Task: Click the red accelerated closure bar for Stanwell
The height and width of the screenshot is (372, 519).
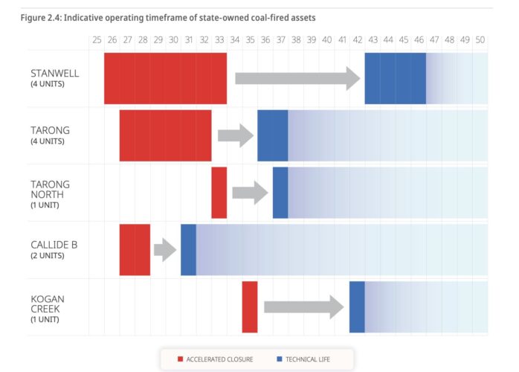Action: click(165, 78)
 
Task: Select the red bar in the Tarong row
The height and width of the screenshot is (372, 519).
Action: click(165, 135)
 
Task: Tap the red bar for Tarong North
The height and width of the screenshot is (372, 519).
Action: click(219, 192)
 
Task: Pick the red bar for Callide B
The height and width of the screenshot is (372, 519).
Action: click(135, 249)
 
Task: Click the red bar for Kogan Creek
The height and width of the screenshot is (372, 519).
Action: click(249, 307)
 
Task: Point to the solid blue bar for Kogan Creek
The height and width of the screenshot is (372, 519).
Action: click(357, 307)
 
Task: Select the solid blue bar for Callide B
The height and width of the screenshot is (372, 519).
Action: click(188, 249)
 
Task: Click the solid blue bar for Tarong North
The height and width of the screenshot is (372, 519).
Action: click(280, 192)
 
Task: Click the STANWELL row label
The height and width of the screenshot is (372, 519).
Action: click(54, 73)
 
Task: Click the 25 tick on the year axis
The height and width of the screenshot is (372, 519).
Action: click(97, 40)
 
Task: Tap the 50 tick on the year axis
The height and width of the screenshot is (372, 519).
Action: click(480, 40)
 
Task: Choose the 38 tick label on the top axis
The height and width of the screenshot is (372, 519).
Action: click(295, 40)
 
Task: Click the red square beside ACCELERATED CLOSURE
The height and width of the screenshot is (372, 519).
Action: click(180, 359)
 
